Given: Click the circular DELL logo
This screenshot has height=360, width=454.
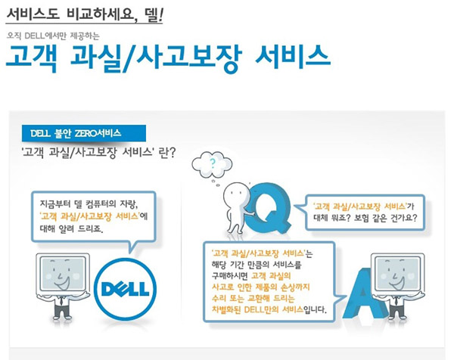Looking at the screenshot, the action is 125,289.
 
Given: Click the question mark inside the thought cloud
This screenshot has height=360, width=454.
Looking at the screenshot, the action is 213,164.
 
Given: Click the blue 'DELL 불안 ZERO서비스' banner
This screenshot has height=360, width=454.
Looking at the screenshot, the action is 84,133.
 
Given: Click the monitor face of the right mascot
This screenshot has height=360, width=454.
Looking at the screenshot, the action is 398,273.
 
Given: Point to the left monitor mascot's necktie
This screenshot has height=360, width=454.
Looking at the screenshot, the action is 61,301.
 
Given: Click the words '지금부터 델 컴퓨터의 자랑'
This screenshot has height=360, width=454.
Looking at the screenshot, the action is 89,204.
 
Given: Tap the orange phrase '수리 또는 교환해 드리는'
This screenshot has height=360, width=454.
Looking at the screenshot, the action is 253,298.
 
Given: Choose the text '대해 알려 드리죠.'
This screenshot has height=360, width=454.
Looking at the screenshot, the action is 72,229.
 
